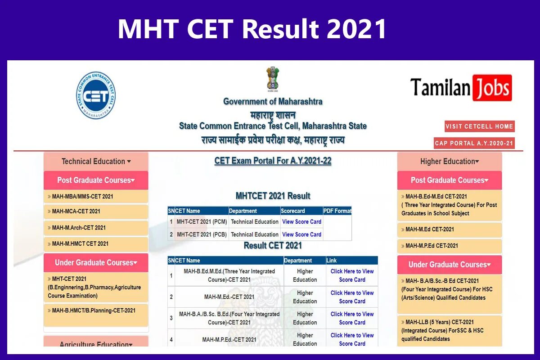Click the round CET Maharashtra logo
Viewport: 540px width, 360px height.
[x=95, y=95]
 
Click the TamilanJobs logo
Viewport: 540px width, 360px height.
[x=461, y=88]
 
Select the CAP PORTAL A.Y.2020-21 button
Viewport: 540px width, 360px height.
[x=474, y=144]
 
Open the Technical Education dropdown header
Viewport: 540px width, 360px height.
[x=96, y=162]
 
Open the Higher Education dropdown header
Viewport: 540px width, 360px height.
[x=449, y=162]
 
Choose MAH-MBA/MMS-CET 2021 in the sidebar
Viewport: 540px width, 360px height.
[x=82, y=197]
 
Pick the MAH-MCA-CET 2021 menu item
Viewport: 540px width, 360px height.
[x=76, y=211]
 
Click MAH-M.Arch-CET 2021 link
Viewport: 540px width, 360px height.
[x=79, y=228]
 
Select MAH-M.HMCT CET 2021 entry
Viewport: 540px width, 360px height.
[x=80, y=244]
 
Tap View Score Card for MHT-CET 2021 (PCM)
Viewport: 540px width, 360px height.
[x=301, y=222]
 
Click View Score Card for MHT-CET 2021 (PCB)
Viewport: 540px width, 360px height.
[x=301, y=234]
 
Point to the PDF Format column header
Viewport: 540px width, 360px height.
[x=337, y=211]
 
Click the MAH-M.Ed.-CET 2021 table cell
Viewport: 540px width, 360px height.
[x=229, y=297]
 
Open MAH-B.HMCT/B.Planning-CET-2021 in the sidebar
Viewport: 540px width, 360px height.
[x=94, y=310]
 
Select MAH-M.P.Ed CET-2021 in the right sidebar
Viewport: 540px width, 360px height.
[x=432, y=246]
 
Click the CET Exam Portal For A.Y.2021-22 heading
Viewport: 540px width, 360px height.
[x=273, y=161]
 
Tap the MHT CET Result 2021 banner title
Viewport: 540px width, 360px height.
[x=252, y=30]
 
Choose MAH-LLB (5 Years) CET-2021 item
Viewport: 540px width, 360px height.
[x=439, y=322]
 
